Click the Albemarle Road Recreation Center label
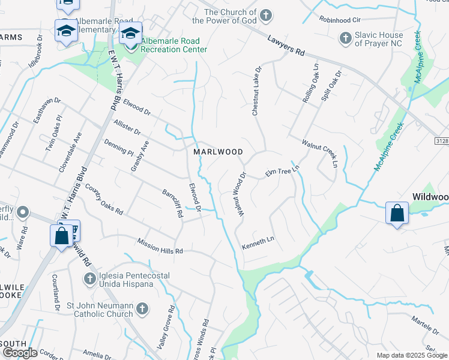tap(174, 45)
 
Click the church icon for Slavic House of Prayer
tap(345, 39)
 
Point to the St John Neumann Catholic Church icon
tap(142, 309)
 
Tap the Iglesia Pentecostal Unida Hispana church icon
tap(89, 279)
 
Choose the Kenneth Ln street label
tap(258, 243)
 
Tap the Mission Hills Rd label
tap(160, 245)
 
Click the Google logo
tap(20, 353)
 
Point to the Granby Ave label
tap(140, 156)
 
